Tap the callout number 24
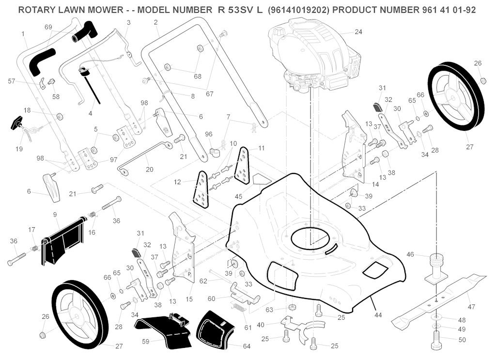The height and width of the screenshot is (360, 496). [358, 32]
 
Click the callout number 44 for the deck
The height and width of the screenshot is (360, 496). [378, 315]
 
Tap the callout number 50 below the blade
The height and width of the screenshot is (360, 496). [462, 340]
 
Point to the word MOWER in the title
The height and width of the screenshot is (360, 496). [106, 10]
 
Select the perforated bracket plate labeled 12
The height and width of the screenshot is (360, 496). [202, 189]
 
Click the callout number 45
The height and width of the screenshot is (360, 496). [238, 196]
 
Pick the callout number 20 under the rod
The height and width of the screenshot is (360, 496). [150, 170]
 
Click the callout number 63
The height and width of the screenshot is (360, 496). [269, 310]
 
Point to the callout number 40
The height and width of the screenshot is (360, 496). [261, 325]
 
